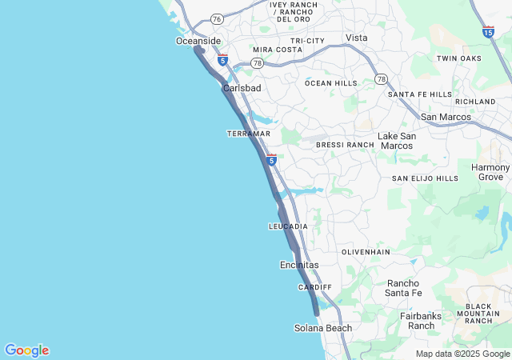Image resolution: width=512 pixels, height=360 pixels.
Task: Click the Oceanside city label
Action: pyautogui.click(x=198, y=41)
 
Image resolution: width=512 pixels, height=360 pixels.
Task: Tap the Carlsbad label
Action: pyautogui.click(x=242, y=88)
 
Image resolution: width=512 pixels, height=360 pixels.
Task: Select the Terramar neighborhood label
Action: pyautogui.click(x=249, y=134)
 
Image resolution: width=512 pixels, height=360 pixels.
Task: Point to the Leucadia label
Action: pyautogui.click(x=288, y=227)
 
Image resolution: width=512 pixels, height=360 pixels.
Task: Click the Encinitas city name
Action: pyautogui.click(x=299, y=265)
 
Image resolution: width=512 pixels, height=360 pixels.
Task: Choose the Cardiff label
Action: pyautogui.click(x=314, y=287)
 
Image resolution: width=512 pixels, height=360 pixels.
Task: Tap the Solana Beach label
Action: pyautogui.click(x=323, y=328)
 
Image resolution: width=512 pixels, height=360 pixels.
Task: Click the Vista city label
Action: pyautogui.click(x=356, y=38)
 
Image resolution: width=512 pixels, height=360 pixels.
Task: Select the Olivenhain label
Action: pyautogui.click(x=366, y=252)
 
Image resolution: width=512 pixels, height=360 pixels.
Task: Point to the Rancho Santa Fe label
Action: pyautogui.click(x=404, y=288)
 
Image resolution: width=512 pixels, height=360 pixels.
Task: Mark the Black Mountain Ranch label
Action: pyautogui.click(x=478, y=314)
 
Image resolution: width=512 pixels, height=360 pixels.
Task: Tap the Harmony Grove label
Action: pyautogui.click(x=490, y=172)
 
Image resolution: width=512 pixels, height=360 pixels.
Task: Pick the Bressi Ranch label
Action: pyautogui.click(x=345, y=145)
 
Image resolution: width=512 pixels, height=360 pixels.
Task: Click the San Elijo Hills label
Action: pyautogui.click(x=425, y=178)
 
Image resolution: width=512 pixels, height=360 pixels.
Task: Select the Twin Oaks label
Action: pyautogui.click(x=458, y=58)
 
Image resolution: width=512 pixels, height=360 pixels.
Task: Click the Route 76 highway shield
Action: pyautogui.click(x=217, y=18)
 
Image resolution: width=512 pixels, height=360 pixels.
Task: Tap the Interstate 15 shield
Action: pyautogui.click(x=488, y=32)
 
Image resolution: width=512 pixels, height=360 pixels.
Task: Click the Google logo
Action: pyautogui.click(x=26, y=350)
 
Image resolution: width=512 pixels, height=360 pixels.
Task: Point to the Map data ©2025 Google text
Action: pyautogui.click(x=462, y=354)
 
